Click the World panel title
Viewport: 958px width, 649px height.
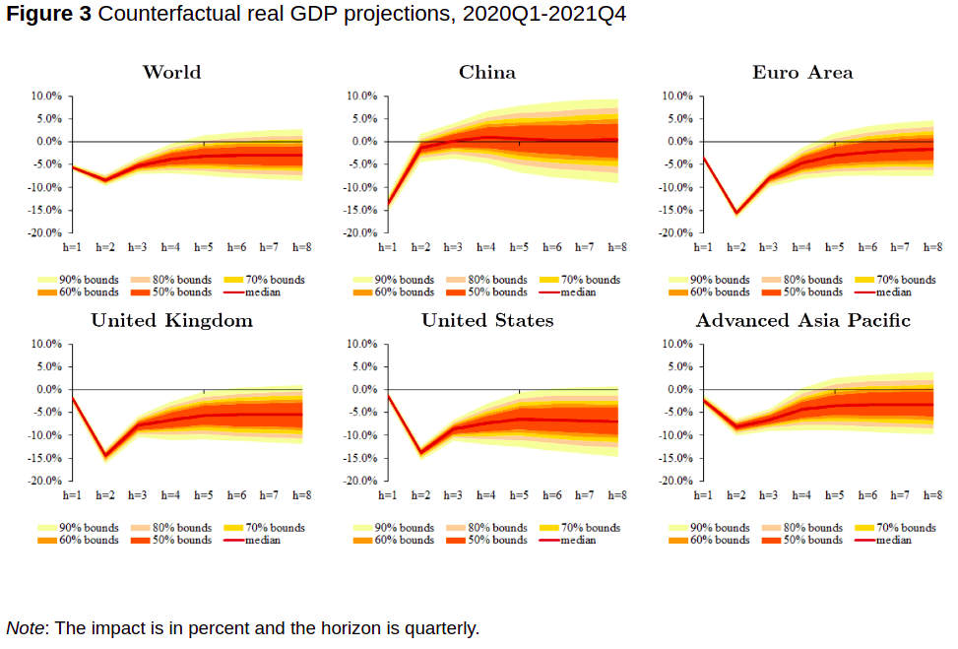click(171, 72)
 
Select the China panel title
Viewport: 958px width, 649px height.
click(486, 72)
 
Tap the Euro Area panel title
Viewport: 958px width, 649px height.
click(802, 72)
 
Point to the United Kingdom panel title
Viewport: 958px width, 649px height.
click(171, 320)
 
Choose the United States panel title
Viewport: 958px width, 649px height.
click(486, 320)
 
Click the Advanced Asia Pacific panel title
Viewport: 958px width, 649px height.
click(802, 320)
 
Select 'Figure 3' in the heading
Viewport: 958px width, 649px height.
click(49, 15)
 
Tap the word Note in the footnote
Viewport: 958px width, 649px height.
click(25, 627)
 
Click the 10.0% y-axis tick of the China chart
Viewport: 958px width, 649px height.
click(361, 96)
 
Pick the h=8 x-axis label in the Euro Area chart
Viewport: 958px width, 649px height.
click(932, 247)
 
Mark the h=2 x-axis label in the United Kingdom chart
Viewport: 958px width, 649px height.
click(105, 495)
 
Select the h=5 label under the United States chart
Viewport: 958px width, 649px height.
click(519, 495)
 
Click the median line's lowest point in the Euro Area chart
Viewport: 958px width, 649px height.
click(735, 212)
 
